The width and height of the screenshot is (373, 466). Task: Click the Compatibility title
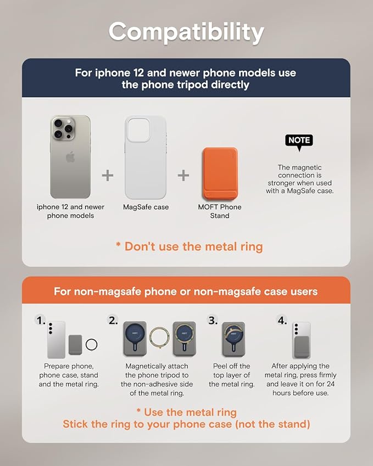[x=186, y=32]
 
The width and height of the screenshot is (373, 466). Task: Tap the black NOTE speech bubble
[x=299, y=142]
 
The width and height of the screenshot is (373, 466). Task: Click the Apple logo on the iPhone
[x=70, y=156]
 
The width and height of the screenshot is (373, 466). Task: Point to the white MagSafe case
[x=146, y=157]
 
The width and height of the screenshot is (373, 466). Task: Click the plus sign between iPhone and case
[x=107, y=175]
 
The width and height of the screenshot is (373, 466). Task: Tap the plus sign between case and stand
[x=183, y=175]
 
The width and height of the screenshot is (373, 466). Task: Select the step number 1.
[x=40, y=321]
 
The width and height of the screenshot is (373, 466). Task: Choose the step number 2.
[x=113, y=321]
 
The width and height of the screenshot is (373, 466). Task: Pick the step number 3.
[x=213, y=321]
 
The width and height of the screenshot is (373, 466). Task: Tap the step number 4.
[x=282, y=321]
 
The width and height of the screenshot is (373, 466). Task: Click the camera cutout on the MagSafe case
[x=138, y=130]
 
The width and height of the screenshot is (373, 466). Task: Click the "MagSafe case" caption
[x=146, y=207]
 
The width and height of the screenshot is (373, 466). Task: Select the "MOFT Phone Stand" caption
[x=220, y=211]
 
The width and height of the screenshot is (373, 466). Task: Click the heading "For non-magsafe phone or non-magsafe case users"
[x=186, y=291]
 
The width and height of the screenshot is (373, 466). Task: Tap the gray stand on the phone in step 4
[x=302, y=347]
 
